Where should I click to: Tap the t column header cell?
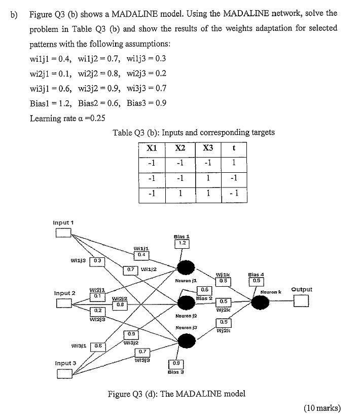(234, 149)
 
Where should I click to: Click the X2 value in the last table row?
(179, 195)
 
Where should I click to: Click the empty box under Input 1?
(63, 233)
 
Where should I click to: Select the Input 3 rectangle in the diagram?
(64, 374)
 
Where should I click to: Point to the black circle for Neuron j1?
(186, 268)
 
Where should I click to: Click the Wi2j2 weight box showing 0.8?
(119, 306)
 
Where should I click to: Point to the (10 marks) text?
(321, 408)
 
